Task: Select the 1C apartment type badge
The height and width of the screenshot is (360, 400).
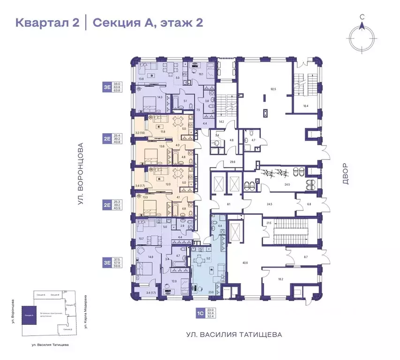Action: pyautogui.click(x=199, y=312)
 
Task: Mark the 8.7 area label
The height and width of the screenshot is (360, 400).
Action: pyautogui.click(x=306, y=257)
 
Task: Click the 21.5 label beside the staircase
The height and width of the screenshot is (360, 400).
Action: pyautogui.click(x=269, y=223)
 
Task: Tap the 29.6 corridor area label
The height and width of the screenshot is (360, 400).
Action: pyautogui.click(x=232, y=162)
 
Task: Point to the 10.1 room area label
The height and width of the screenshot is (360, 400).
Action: pyautogui.click(x=201, y=74)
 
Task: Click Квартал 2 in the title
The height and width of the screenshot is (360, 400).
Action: pyautogui.click(x=47, y=22)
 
